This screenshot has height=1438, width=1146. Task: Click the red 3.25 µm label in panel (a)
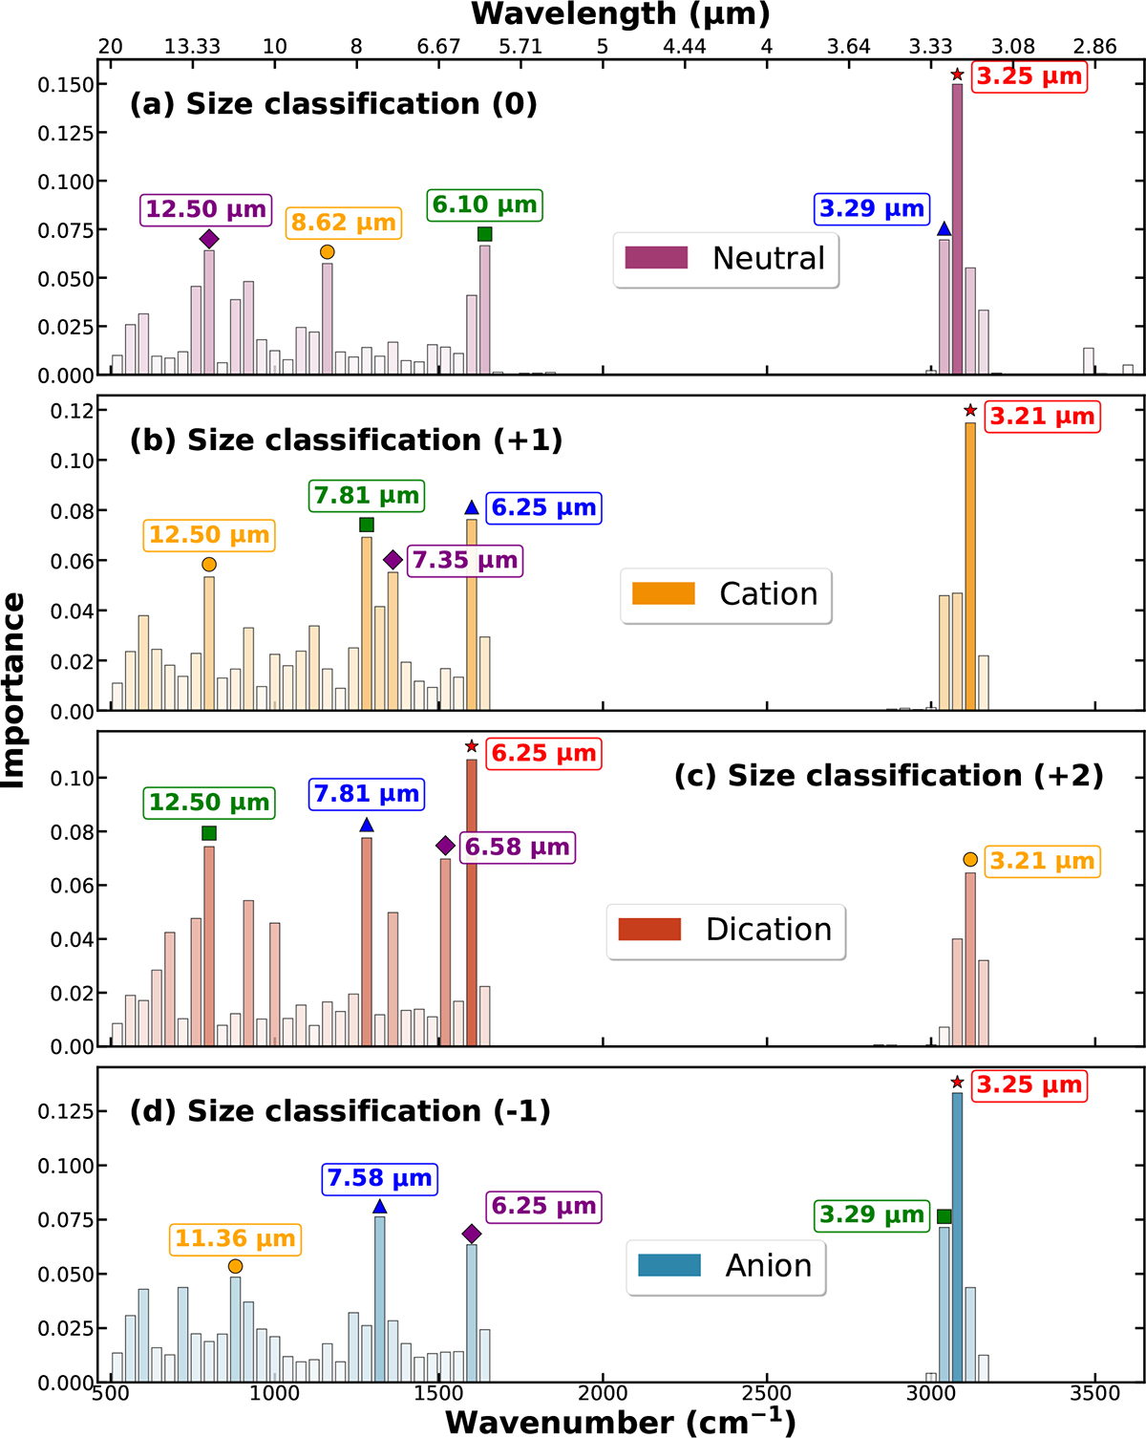point(1029,76)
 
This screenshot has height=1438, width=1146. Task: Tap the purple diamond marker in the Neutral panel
point(209,239)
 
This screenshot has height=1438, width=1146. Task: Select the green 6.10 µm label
point(485,204)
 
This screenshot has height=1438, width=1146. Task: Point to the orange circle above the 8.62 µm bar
point(328,252)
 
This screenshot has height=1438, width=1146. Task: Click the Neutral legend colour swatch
point(656,258)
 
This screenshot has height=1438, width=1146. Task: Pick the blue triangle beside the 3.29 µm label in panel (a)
point(944,228)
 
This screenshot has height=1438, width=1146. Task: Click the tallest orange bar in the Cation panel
point(970,567)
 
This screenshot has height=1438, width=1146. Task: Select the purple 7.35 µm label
point(465,560)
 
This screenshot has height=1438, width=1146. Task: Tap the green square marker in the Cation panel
point(367,525)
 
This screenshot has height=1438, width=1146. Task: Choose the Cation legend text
point(769,594)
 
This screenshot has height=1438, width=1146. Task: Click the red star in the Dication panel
point(472,745)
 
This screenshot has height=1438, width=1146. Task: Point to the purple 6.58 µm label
point(518,847)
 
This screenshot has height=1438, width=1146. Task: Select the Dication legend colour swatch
point(649,930)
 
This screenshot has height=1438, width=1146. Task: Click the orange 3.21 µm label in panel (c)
point(1043,861)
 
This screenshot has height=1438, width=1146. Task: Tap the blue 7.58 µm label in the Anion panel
point(380,1177)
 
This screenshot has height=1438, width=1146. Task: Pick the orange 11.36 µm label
point(235,1237)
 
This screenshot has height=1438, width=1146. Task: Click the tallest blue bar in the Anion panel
point(957,1236)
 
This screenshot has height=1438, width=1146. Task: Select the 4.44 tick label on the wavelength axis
point(685,46)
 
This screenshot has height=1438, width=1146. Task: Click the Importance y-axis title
point(13,690)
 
